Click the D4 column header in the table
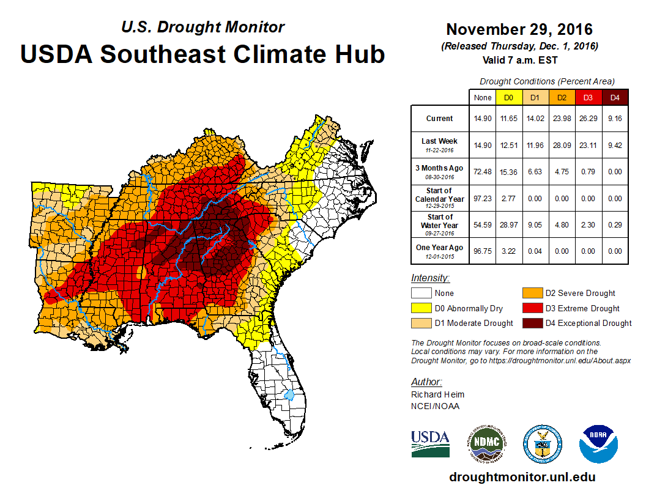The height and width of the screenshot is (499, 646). click(614, 97)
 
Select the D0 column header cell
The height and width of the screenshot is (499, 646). click(508, 97)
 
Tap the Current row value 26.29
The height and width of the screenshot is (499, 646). click(587, 119)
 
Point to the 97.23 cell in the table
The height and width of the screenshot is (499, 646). click(483, 199)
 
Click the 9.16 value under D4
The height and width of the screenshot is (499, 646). click(614, 119)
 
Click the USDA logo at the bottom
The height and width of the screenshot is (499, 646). click(430, 441)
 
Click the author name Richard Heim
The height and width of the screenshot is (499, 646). click(437, 394)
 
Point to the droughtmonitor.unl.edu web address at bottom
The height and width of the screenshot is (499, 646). click(522, 477)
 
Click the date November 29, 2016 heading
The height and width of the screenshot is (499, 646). click(519, 29)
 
